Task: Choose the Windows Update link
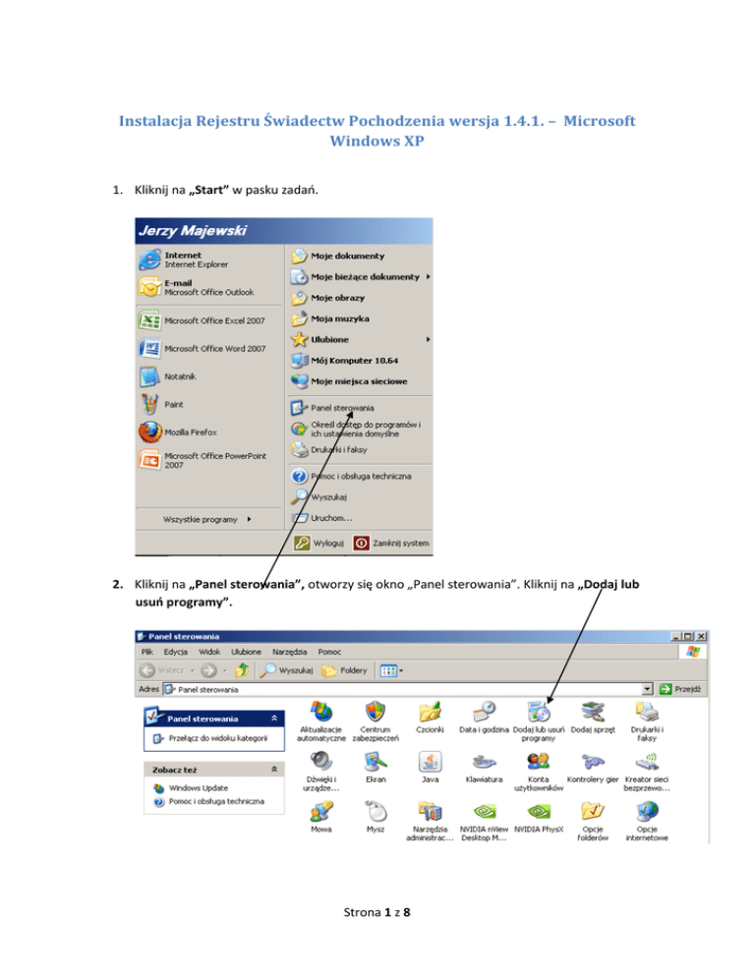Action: click(x=199, y=787)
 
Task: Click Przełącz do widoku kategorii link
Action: click(x=211, y=736)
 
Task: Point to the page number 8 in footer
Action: click(x=406, y=939)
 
